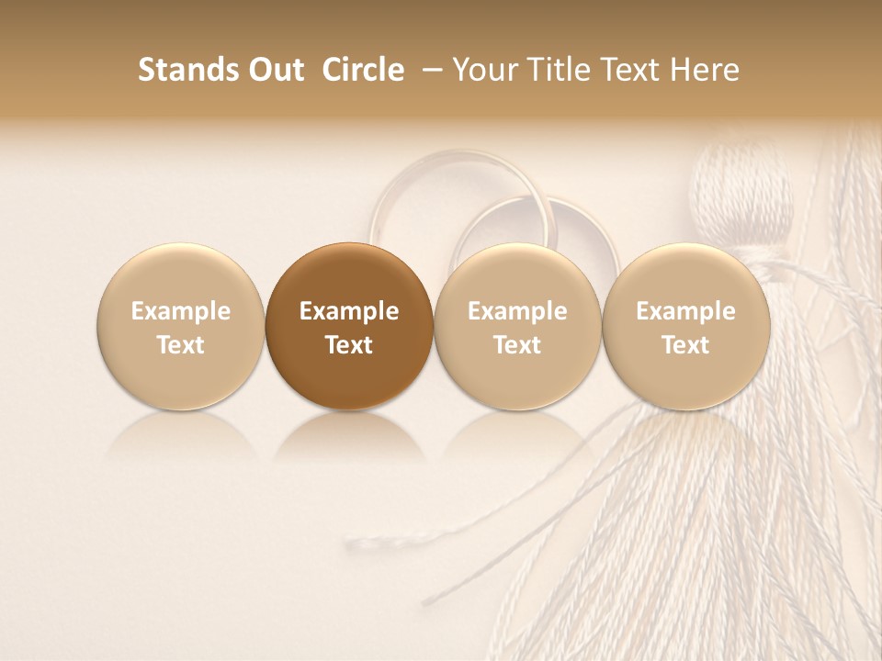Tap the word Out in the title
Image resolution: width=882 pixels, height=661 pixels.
[273, 71]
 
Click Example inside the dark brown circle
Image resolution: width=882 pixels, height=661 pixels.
[349, 311]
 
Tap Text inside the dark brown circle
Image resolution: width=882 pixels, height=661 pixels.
[349, 345]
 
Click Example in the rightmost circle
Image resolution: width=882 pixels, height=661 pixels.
[685, 311]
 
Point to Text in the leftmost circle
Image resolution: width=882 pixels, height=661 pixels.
[180, 345]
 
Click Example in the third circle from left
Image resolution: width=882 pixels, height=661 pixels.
[517, 311]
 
